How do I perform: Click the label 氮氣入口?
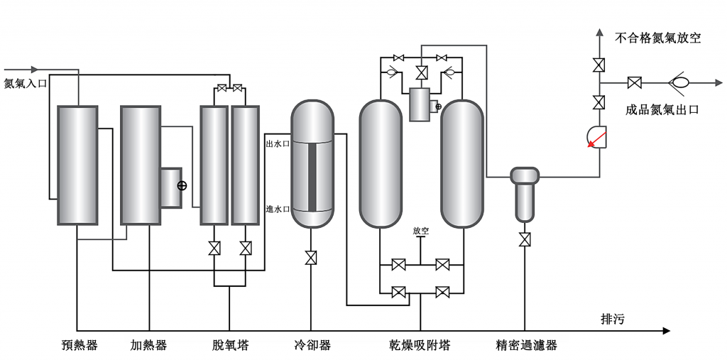click(x=26, y=83)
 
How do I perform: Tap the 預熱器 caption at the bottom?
click(x=79, y=346)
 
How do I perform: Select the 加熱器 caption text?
click(x=149, y=346)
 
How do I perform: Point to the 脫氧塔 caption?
click(x=230, y=346)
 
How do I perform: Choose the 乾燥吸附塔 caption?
click(x=420, y=346)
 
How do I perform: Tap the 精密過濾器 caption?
click(x=526, y=346)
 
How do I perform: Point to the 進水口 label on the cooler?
click(x=278, y=209)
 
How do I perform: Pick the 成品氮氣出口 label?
click(x=662, y=109)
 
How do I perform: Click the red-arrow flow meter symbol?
click(x=597, y=136)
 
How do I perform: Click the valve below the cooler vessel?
click(x=311, y=257)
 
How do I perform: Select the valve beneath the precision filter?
click(x=525, y=239)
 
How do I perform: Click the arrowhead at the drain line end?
click(x=665, y=331)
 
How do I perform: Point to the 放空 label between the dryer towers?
click(x=420, y=231)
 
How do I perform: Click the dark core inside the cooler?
click(x=312, y=177)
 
